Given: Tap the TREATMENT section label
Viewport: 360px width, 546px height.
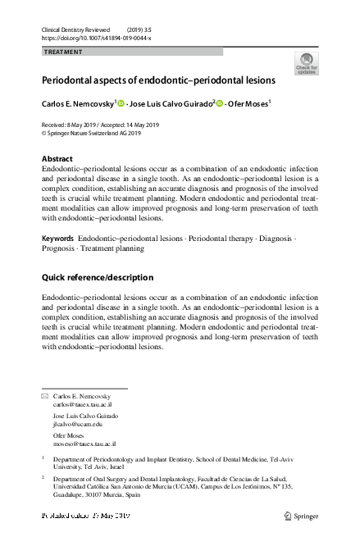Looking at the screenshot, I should [63, 52].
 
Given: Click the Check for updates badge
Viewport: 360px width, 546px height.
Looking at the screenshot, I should [308, 63].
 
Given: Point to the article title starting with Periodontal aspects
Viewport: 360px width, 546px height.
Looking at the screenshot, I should [158, 81].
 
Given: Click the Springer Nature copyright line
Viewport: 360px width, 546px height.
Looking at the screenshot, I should [90, 132].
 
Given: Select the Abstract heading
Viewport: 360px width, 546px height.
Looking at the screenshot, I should [57, 158].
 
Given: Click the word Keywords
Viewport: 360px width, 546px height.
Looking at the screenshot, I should [57, 238].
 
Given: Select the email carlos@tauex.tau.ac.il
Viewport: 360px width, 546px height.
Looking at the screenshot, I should [83, 405].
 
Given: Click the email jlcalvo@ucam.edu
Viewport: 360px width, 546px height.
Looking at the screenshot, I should [78, 425].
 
